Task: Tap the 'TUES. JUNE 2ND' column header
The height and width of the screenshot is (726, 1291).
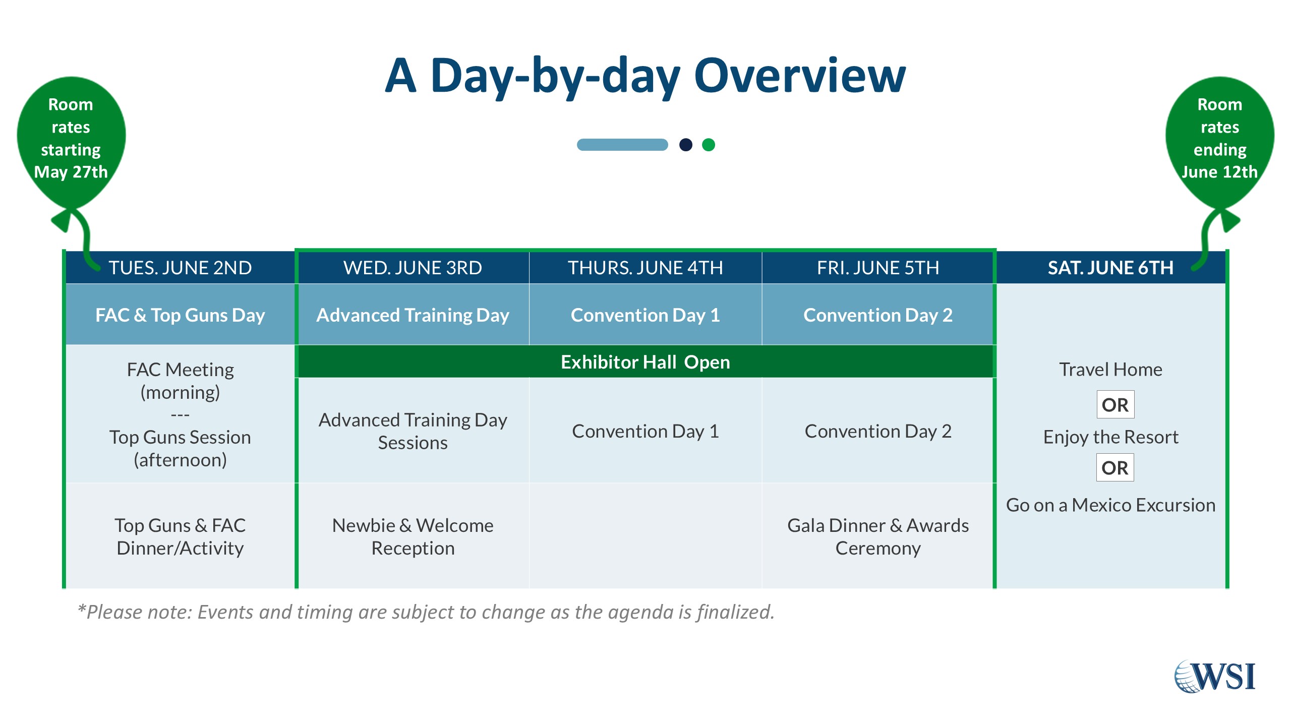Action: pyautogui.click(x=180, y=268)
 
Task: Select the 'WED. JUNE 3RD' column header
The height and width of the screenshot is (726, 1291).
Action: pyautogui.click(x=413, y=268)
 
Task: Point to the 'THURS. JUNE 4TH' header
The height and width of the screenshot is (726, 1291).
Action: pyautogui.click(x=645, y=268)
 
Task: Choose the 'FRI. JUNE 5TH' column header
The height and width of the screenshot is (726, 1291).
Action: pyautogui.click(x=878, y=268)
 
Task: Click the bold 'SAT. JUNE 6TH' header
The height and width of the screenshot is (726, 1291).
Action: pyautogui.click(x=1110, y=268)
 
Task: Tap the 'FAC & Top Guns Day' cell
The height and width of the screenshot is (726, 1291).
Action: pyautogui.click(x=180, y=315)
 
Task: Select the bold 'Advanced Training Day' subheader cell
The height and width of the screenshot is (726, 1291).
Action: pyautogui.click(x=413, y=315)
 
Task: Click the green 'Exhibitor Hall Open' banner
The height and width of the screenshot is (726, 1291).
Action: pyautogui.click(x=645, y=362)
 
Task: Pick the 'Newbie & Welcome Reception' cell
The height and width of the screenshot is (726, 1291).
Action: pyautogui.click(x=413, y=536)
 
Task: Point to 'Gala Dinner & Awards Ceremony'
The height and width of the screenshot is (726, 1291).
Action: pyautogui.click(x=878, y=536)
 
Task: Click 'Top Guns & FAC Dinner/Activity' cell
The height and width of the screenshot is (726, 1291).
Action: pyautogui.click(x=180, y=536)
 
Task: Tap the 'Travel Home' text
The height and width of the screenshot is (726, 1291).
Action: pyautogui.click(x=1110, y=370)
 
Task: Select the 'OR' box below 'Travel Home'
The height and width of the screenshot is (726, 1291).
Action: pyautogui.click(x=1115, y=404)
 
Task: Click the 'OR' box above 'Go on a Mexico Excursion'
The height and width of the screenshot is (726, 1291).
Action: pyautogui.click(x=1115, y=467)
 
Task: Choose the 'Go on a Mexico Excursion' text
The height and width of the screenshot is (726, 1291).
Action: pyautogui.click(x=1110, y=505)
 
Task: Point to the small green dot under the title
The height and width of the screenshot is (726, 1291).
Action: pyautogui.click(x=709, y=145)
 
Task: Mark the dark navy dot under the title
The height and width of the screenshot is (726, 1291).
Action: pyautogui.click(x=686, y=145)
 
